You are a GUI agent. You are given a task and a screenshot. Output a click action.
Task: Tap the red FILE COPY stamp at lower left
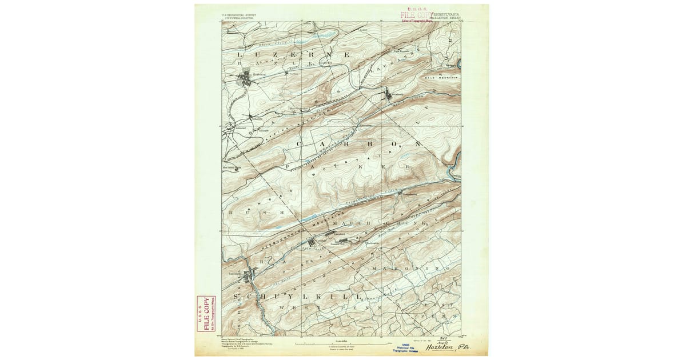tap(202, 317)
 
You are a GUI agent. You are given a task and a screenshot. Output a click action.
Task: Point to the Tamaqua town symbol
tap(248, 278)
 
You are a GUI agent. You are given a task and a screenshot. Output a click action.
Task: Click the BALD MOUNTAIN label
tap(442, 77)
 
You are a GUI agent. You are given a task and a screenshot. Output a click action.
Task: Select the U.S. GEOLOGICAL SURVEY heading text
tap(240, 16)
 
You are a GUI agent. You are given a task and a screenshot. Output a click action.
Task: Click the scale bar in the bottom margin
tap(343, 343)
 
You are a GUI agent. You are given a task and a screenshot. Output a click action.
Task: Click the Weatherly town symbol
tap(389, 95)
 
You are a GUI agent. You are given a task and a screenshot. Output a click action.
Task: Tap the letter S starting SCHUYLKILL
tap(250, 297)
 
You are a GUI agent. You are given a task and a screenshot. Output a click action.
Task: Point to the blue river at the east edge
tap(454, 166)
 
